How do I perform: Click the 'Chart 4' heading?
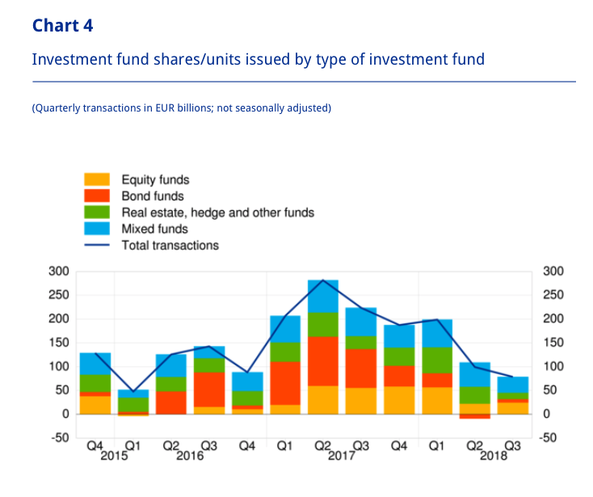pos(62,26)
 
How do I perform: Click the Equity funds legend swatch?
pos(98,179)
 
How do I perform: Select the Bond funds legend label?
pos(153,196)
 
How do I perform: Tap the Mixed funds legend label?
pos(154,229)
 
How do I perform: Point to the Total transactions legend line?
pos(98,245)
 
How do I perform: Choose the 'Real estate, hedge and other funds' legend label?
pos(217,213)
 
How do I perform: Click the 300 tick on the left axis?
pos(60,271)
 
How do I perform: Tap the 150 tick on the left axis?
pos(60,343)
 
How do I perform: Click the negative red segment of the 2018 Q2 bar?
pos(475,416)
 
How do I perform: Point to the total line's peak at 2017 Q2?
pos(323,280)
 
